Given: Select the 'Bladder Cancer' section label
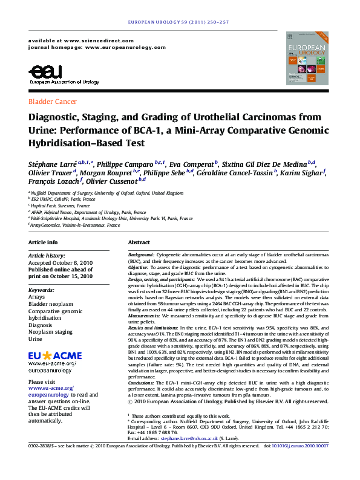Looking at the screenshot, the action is click(53, 102).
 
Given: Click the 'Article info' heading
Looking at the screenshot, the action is click(44, 242).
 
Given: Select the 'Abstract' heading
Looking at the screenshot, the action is click(139, 242).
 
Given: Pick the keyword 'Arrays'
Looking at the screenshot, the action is click(37, 297).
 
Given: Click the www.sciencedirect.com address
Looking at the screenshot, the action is click(94, 39).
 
